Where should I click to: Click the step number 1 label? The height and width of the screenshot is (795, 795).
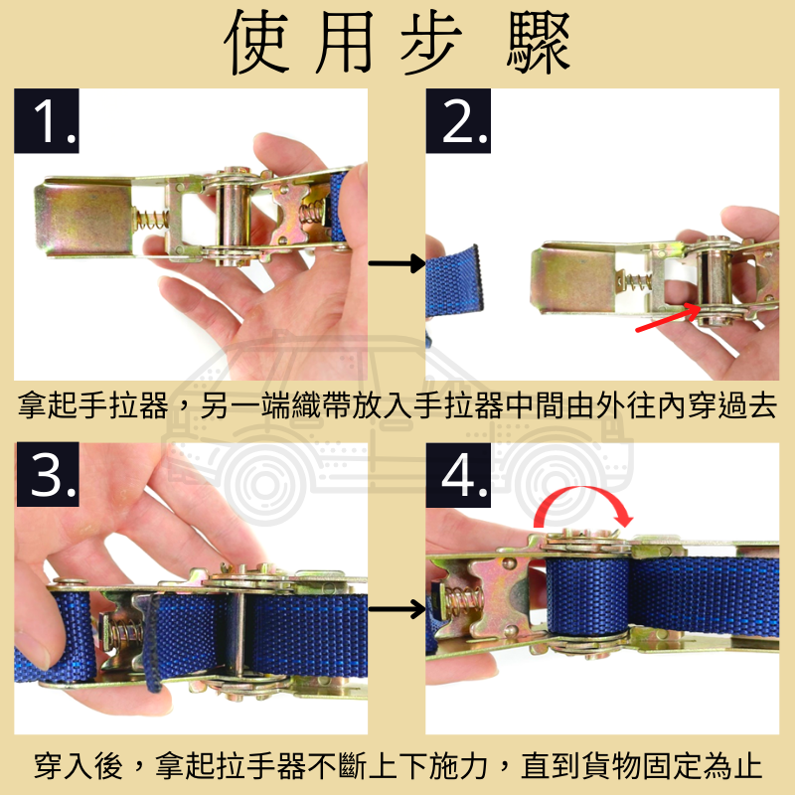(x=47, y=122)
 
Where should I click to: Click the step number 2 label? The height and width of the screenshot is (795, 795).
(x=459, y=122)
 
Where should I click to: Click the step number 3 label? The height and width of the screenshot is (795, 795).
(x=47, y=477)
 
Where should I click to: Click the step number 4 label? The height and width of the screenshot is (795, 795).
(x=459, y=477)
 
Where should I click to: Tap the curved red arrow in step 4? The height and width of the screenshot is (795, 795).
(x=581, y=505)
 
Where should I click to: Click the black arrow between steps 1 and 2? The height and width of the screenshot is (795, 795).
(x=396, y=263)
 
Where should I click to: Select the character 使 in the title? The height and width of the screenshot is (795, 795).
(x=260, y=45)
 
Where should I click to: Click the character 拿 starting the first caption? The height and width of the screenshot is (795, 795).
(x=31, y=407)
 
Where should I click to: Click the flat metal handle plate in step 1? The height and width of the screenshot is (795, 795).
(x=84, y=219)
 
